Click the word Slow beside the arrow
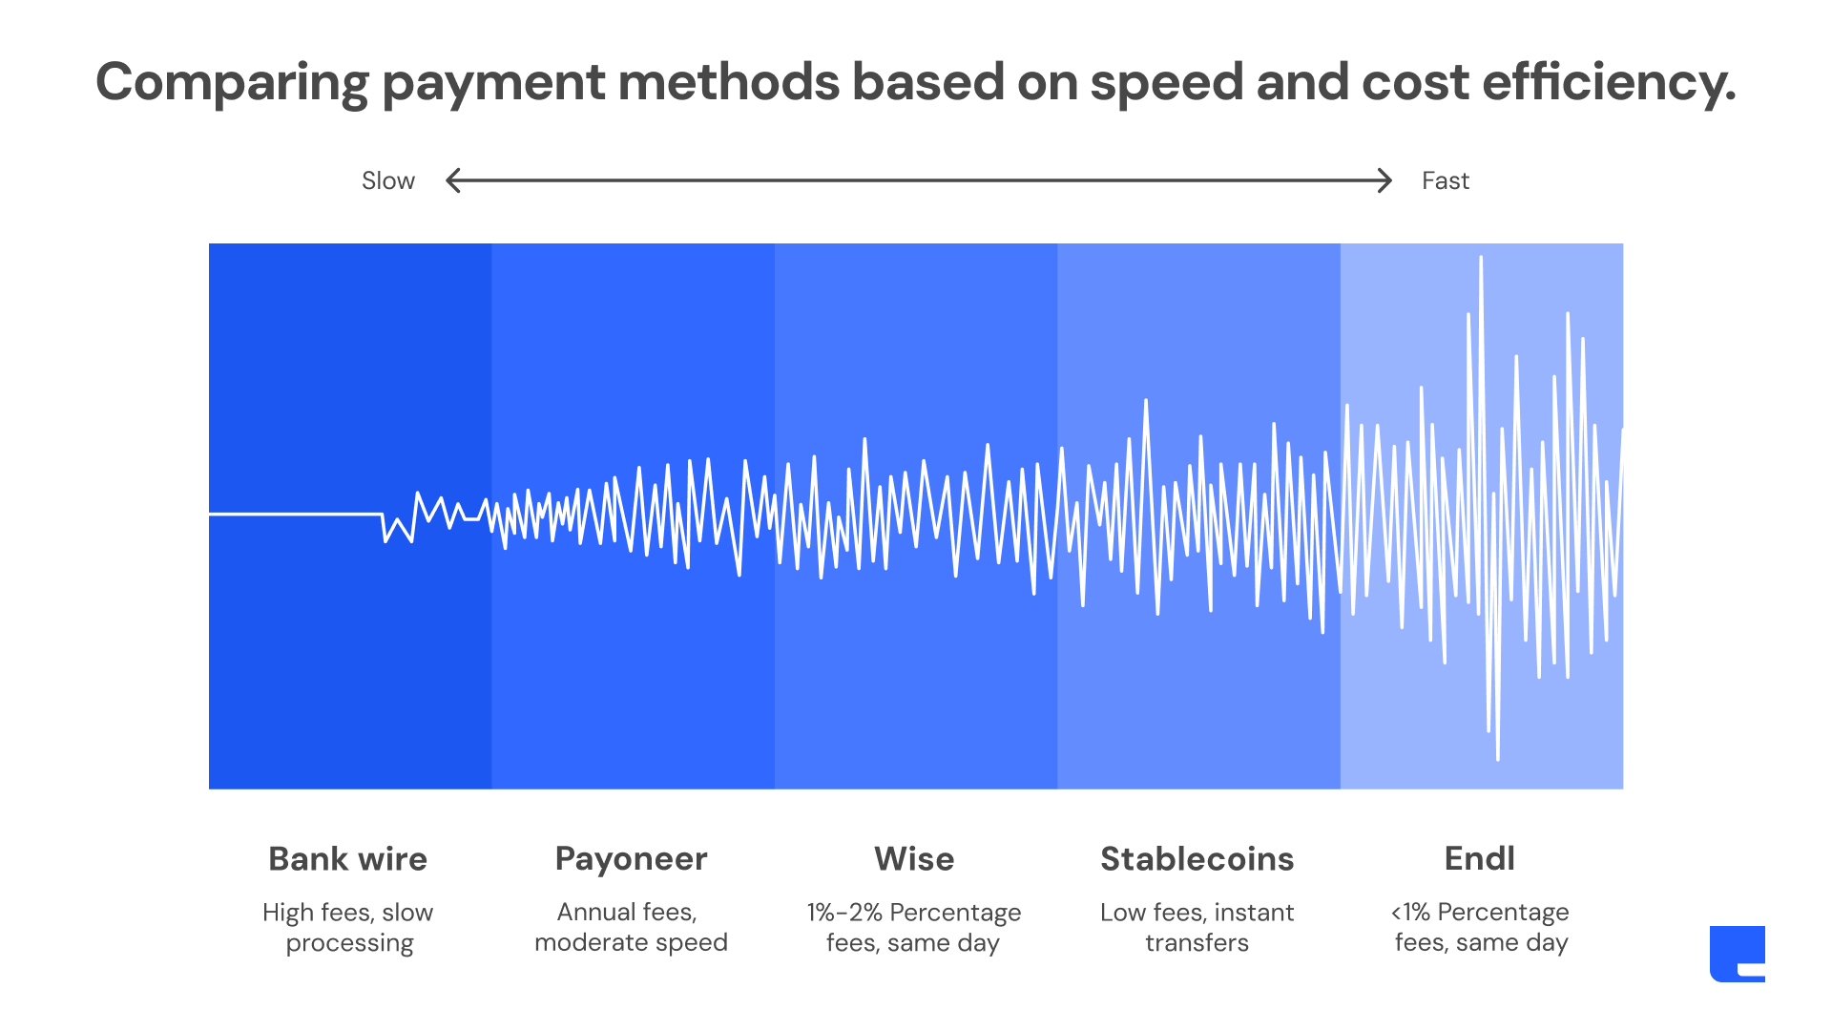387,180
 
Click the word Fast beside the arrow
1445,180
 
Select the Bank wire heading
347,858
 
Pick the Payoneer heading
631,859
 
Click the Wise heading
914,858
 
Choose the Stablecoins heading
1197,858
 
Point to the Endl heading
1479,858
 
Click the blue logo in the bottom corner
1737,953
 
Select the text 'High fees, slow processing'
348,927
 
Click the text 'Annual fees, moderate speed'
631,927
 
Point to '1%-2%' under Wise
844,912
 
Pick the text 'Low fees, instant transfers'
1197,927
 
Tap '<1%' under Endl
1410,912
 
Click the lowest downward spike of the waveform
1498,759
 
